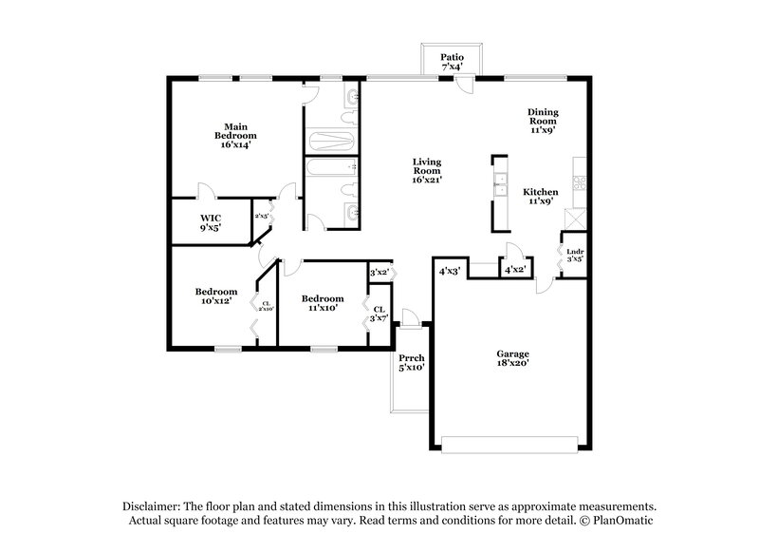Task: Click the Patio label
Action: (452, 62)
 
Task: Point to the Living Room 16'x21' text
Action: (428, 169)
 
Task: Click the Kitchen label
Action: (542, 197)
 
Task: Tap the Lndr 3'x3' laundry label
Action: (574, 254)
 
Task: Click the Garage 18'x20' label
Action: (512, 357)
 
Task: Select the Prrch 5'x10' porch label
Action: (411, 362)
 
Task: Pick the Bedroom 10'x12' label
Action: (216, 296)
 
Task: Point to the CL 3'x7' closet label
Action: (379, 314)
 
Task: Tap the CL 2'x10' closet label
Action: (267, 306)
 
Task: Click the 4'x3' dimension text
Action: (449, 271)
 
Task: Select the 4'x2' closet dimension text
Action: (515, 271)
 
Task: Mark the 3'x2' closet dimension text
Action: (379, 273)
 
